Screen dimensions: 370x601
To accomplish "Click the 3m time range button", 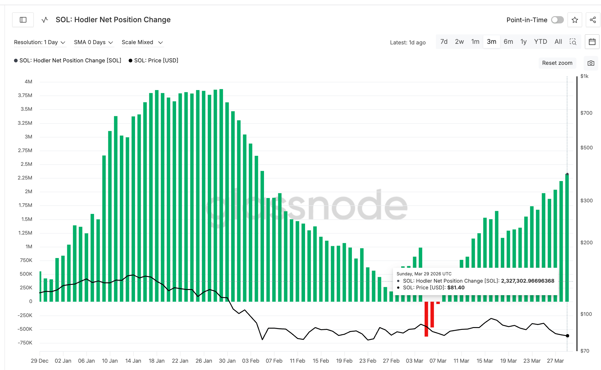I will [x=491, y=42].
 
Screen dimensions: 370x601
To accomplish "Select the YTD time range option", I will [x=540, y=42].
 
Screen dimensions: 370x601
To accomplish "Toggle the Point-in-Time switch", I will [x=557, y=20].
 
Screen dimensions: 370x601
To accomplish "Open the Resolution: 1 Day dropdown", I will [x=40, y=42].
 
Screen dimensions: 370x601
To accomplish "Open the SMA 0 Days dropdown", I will [x=93, y=42].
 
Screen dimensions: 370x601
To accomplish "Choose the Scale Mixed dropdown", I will [x=142, y=42].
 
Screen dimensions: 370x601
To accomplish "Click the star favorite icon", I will [x=575, y=20].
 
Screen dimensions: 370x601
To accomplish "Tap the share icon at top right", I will [x=592, y=20].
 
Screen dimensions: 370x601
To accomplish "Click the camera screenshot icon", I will [x=591, y=63].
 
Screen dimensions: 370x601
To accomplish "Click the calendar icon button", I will [x=592, y=42].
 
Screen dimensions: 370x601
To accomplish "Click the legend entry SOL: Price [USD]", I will [x=154, y=61].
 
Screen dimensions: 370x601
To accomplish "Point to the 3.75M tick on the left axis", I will [x=25, y=95].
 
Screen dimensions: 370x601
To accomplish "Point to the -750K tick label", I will [x=25, y=343].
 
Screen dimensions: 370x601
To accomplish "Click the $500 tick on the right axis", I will [x=586, y=148].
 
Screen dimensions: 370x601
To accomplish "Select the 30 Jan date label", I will [x=227, y=361].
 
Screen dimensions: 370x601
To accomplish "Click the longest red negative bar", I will [x=426, y=319].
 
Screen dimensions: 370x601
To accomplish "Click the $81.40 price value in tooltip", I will [x=456, y=288].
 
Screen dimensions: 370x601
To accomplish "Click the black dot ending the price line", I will [x=567, y=336].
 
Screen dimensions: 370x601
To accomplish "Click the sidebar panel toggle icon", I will [x=23, y=20].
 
